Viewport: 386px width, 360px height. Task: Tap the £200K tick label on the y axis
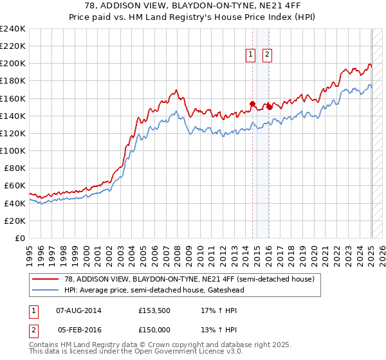pos(12,64)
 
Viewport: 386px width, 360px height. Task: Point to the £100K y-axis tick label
pos(12,150)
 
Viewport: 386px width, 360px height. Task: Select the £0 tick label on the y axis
pos(19,238)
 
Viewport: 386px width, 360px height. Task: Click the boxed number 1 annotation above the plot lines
pos(250,55)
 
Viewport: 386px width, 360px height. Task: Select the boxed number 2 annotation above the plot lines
pos(266,55)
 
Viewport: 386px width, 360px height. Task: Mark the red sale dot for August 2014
pos(253,104)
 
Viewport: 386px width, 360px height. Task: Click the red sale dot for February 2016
pos(270,107)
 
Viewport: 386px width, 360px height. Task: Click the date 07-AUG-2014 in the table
pos(79,310)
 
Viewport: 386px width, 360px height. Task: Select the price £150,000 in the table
pos(155,329)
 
